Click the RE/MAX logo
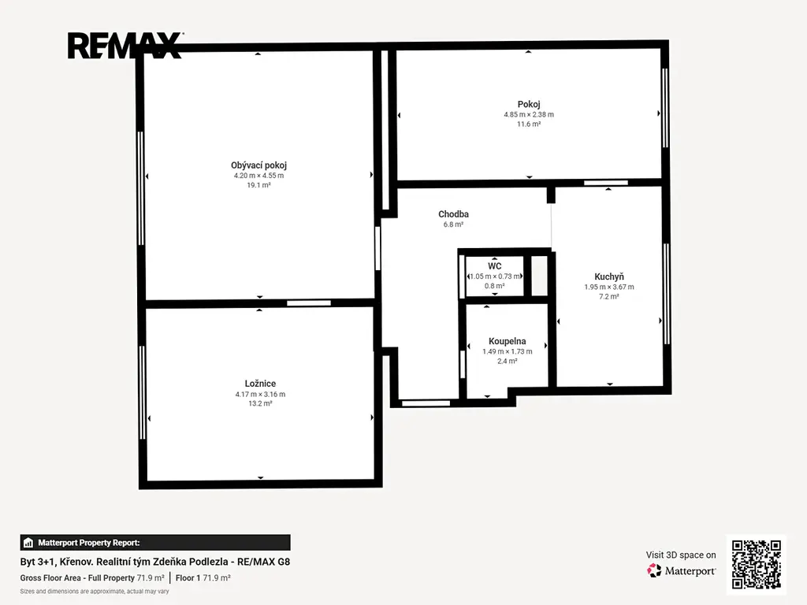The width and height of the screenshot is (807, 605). [125, 46]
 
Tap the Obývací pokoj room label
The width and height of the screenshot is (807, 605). [258, 165]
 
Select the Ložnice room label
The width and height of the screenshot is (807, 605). [260, 384]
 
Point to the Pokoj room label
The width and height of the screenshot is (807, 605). [529, 105]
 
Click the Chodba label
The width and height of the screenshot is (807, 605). [453, 214]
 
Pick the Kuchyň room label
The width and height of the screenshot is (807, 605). [609, 277]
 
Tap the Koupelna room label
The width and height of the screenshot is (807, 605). [508, 341]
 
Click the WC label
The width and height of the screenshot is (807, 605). [495, 266]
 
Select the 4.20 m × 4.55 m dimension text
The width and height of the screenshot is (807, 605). [258, 176]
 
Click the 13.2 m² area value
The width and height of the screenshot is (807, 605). [260, 403]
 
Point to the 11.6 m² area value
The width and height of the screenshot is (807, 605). [529, 124]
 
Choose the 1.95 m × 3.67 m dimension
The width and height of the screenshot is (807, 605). [609, 287]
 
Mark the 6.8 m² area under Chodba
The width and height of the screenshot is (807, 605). [453, 225]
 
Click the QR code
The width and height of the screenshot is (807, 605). [757, 564]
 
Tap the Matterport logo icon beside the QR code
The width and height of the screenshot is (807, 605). [654, 570]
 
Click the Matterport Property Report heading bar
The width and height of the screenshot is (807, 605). [155, 543]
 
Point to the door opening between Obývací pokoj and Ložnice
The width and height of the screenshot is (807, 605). [309, 303]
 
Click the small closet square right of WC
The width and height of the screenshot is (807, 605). [539, 276]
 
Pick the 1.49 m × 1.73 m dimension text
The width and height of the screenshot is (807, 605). [508, 351]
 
